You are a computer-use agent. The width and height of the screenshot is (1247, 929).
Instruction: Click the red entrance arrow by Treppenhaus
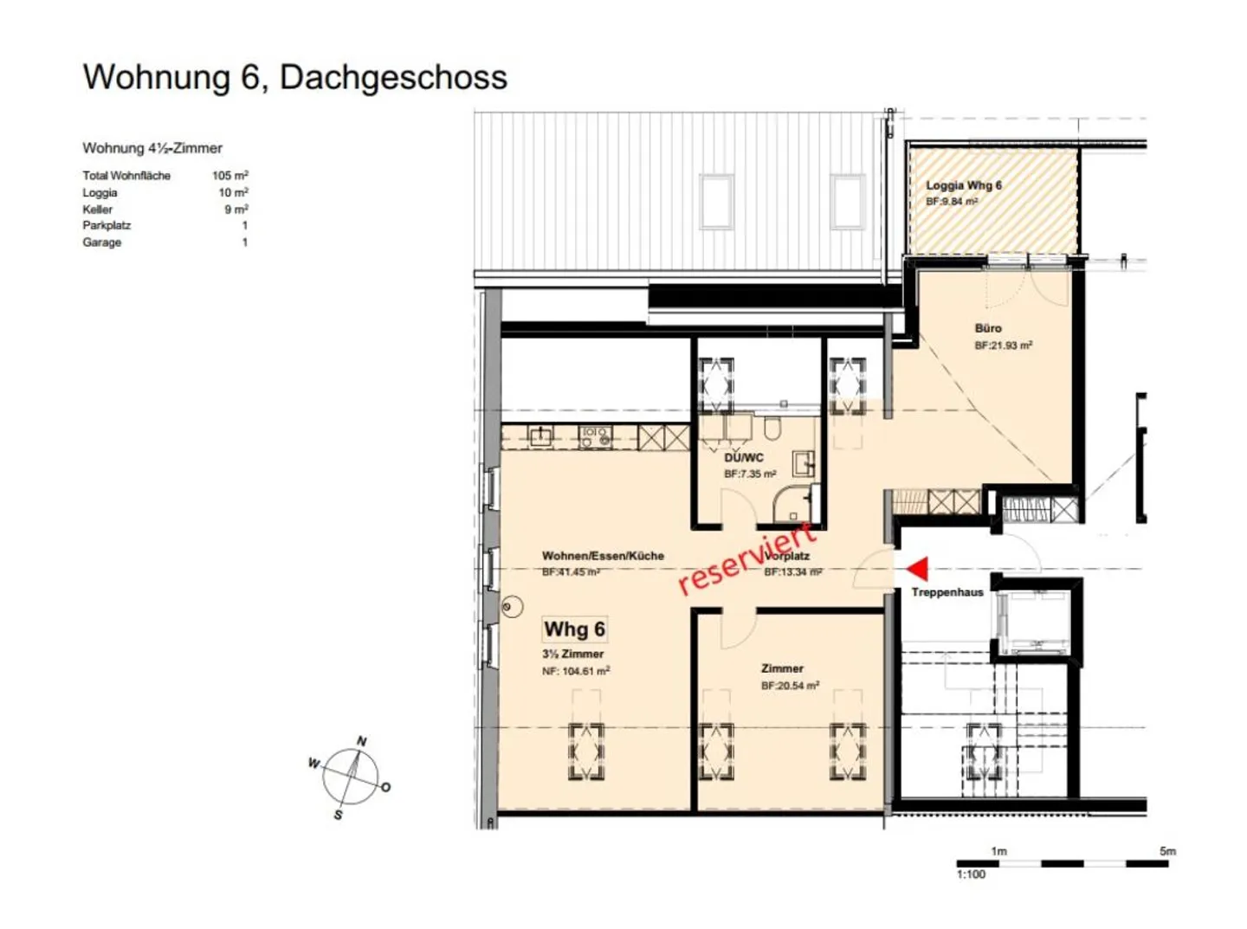[x=917, y=569]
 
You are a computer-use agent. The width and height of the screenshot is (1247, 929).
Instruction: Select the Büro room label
[x=988, y=328]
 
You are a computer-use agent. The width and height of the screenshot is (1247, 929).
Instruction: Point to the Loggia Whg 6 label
[x=964, y=185]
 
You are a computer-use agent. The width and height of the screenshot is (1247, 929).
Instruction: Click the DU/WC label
[x=744, y=457]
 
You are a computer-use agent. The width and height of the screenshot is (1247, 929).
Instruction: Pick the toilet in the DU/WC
[x=772, y=428]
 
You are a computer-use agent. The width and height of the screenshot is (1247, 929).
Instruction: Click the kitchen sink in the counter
[x=541, y=435]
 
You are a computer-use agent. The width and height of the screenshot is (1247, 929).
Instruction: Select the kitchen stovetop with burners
[x=596, y=436]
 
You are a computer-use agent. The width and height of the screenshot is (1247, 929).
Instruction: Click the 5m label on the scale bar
[x=1167, y=851]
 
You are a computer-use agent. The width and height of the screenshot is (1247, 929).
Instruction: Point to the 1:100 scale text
[x=971, y=874]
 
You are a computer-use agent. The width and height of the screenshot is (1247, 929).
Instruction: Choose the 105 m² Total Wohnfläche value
[x=230, y=176]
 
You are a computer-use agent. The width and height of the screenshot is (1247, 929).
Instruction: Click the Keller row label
[x=97, y=210]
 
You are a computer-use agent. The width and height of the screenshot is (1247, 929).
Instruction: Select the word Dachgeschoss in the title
[x=393, y=77]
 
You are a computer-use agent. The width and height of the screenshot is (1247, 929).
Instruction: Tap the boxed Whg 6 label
[x=575, y=629]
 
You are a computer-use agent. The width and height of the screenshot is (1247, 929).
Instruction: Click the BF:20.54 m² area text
[x=790, y=686]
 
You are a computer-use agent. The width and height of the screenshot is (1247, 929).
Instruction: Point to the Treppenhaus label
[x=947, y=592]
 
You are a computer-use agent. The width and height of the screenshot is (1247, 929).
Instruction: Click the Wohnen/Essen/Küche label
[x=603, y=556]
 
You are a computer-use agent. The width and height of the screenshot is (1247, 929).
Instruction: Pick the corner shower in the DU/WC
[x=793, y=503]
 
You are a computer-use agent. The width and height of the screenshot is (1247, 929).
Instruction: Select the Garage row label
[x=102, y=242]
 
